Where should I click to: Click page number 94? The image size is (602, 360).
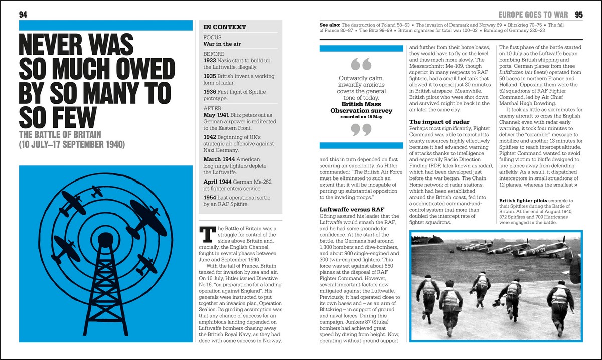[23, 14]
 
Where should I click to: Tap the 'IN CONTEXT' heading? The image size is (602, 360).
[224, 27]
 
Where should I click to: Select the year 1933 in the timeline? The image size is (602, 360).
[210, 60]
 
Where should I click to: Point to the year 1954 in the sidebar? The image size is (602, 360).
[210, 197]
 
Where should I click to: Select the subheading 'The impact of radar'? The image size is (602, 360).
[439, 122]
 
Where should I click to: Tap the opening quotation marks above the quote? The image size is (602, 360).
[361, 65]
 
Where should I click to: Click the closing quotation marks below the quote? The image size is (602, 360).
[361, 130]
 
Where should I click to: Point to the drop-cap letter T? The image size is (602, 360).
[208, 234]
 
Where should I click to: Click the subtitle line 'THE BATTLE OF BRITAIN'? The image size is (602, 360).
[60, 135]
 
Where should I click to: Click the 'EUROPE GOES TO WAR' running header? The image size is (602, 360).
[531, 14]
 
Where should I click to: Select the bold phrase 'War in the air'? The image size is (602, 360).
[222, 44]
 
